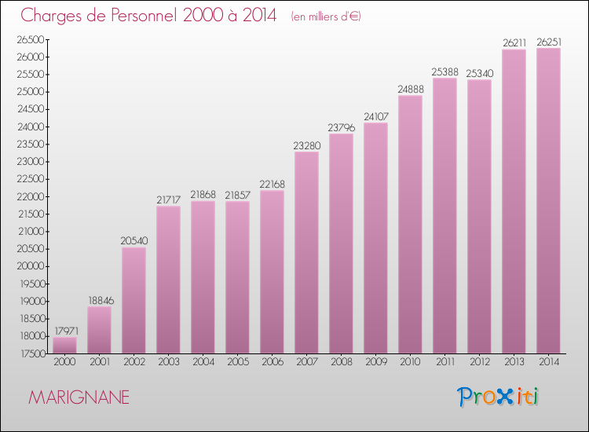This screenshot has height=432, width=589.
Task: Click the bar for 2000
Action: [x=64, y=345]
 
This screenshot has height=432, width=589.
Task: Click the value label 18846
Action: [x=99, y=299]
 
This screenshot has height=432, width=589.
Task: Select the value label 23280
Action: [x=306, y=145]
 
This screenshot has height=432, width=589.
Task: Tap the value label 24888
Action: [x=410, y=89]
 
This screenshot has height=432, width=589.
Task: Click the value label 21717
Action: [x=168, y=200]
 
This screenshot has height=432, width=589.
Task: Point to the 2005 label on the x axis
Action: [x=237, y=362]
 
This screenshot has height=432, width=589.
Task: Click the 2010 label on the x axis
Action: [x=410, y=362]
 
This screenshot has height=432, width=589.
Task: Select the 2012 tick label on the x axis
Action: [x=479, y=362]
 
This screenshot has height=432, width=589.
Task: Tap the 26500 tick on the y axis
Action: [x=31, y=39]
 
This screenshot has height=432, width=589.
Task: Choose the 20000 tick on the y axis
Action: [x=31, y=266]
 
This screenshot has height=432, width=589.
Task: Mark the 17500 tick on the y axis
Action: [x=31, y=353]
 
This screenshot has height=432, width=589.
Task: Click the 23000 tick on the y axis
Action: [x=31, y=162]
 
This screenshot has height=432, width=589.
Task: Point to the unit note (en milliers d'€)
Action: [x=325, y=16]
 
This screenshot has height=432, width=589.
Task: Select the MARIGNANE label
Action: [x=79, y=397]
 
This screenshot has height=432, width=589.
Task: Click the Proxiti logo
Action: [x=499, y=397]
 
